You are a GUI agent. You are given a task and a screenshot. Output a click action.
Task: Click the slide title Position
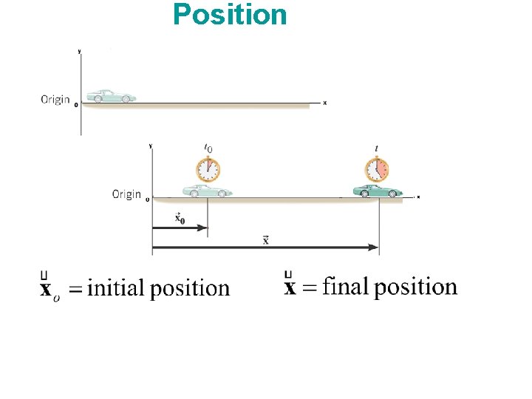(230, 15)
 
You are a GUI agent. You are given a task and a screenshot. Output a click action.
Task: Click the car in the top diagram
(111, 96)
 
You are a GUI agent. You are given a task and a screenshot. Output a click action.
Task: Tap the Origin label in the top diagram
(55, 99)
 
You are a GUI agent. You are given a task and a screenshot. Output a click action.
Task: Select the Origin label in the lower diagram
(126, 194)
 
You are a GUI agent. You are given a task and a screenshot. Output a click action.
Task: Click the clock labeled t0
(208, 170)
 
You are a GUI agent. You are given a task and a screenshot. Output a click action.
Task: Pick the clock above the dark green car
(377, 170)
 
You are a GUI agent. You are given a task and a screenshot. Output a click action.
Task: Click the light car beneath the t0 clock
(207, 191)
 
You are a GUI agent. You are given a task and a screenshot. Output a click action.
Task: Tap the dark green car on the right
(378, 191)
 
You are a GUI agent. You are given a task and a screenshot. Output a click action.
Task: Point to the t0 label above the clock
(208, 149)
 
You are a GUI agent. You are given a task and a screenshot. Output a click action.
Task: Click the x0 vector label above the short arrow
(180, 218)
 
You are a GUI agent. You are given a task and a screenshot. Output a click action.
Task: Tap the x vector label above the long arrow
(265, 239)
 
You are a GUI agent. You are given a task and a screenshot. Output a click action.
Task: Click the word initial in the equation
(117, 288)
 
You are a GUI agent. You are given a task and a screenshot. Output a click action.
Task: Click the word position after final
(415, 287)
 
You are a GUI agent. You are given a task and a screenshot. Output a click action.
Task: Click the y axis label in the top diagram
(80, 52)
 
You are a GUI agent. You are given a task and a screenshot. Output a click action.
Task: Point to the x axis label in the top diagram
(325, 103)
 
